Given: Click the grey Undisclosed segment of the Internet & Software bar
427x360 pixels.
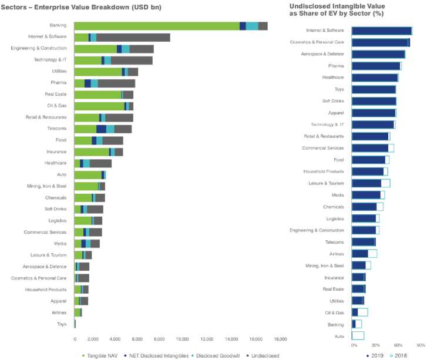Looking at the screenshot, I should coord(133,37).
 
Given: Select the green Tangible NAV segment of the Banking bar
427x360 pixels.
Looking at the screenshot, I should coord(156,26).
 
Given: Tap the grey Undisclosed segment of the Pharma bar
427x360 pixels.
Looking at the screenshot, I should coord(116,83).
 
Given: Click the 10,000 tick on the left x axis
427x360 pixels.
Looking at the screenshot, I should coord(182,339).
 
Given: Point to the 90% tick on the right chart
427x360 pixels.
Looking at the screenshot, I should coord(420,345).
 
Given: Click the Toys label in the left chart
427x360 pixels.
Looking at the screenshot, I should coord(61,324).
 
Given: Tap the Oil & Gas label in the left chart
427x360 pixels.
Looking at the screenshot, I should coord(56,106).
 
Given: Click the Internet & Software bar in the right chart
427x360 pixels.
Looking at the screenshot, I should coord(381,31).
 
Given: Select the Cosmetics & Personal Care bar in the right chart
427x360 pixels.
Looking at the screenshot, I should coord(380,42).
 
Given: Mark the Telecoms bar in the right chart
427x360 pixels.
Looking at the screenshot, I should coord(363,242).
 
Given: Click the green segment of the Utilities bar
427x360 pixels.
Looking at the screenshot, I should coord(97,72).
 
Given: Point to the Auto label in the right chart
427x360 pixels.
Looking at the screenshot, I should coord(339,336).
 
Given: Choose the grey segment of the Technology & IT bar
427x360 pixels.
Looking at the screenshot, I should coord(132,60).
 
